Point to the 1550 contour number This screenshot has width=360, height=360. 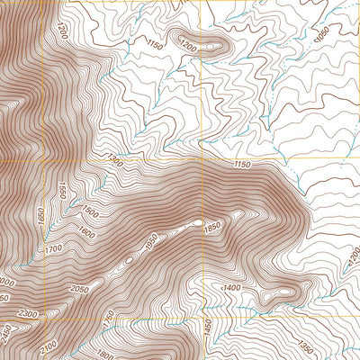[62, 191]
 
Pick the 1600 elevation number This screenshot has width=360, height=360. [85, 231]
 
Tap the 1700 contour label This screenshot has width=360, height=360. [53, 248]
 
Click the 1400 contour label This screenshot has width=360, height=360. [233, 286]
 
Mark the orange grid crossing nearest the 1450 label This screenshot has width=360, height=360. [205, 318]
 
